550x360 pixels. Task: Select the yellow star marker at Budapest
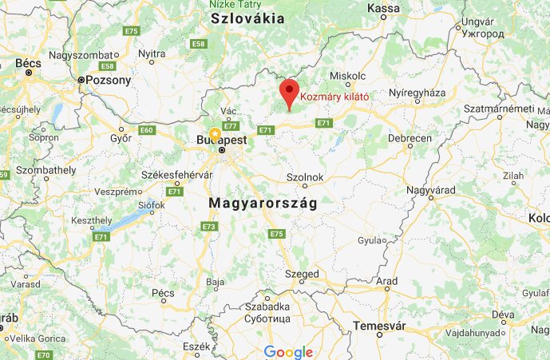tap(215, 134)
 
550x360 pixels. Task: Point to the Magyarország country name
tap(263, 204)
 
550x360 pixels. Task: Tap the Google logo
tap(287, 351)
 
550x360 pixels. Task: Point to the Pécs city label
tap(162, 293)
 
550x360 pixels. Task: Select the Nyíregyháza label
tap(416, 93)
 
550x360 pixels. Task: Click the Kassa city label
tap(385, 8)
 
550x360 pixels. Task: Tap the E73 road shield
tap(209, 227)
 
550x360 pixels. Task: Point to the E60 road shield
tap(146, 129)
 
